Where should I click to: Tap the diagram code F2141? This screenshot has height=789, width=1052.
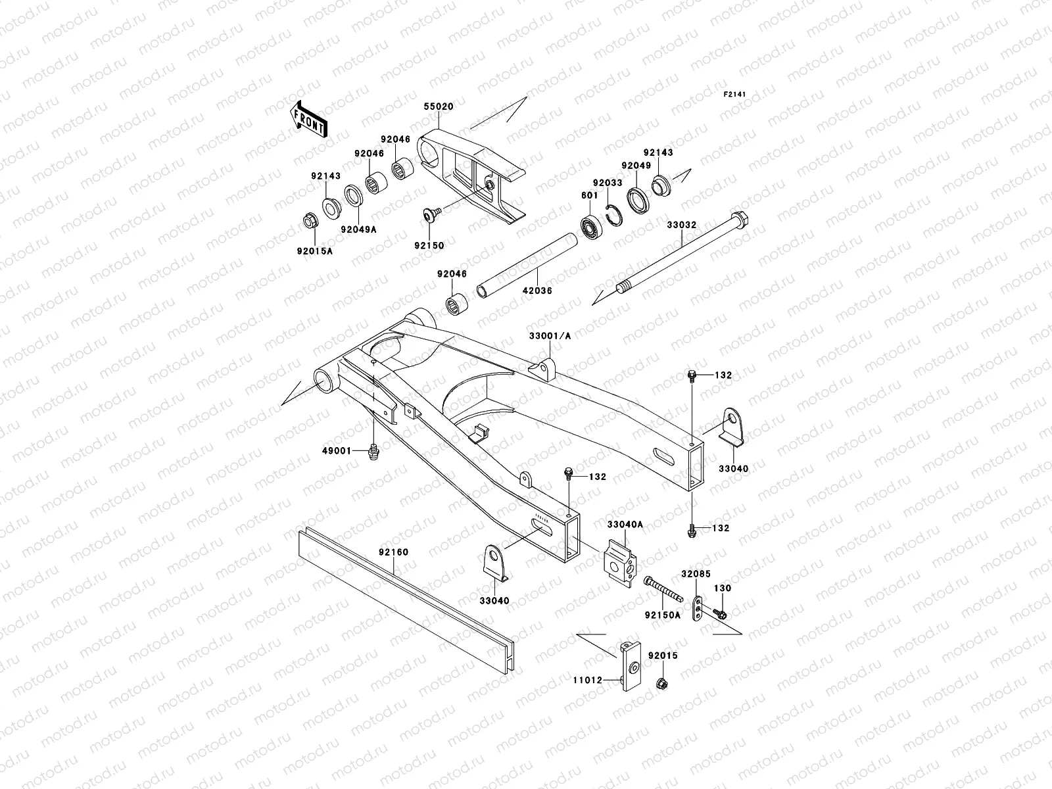tap(737, 95)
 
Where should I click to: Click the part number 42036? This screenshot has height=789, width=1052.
tap(538, 291)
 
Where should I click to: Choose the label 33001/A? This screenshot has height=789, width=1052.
tap(550, 336)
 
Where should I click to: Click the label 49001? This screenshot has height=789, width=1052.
tap(336, 451)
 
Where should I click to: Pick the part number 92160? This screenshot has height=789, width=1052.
tap(393, 552)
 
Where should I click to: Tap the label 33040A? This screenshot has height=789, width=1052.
tap(625, 525)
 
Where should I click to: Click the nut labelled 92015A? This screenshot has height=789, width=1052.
tap(308, 221)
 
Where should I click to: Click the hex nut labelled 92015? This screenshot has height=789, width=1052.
tap(662, 684)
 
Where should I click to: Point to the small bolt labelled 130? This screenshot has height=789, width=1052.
tap(719, 614)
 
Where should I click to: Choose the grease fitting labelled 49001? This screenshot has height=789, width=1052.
tap(373, 452)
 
